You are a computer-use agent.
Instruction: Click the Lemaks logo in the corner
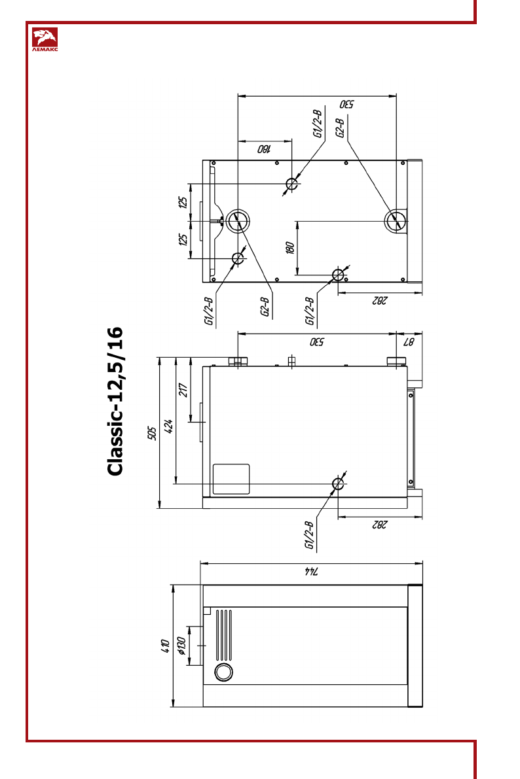[x=45, y=39]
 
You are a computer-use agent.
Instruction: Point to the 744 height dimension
[x=311, y=570]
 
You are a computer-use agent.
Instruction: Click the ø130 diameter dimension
[x=181, y=646]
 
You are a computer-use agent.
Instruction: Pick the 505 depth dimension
[x=152, y=433]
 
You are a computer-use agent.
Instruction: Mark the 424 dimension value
[x=168, y=426]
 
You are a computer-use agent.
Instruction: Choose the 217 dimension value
[x=183, y=390]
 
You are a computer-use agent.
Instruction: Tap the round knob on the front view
[x=223, y=672]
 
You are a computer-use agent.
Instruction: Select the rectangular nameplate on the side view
[x=231, y=479]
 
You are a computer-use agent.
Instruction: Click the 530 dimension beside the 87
[x=317, y=341]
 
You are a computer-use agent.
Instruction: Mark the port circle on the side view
[x=338, y=483]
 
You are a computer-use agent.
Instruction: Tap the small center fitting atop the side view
[x=292, y=360]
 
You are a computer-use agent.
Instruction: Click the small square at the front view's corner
[x=206, y=611]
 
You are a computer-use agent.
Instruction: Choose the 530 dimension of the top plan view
[x=347, y=104]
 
